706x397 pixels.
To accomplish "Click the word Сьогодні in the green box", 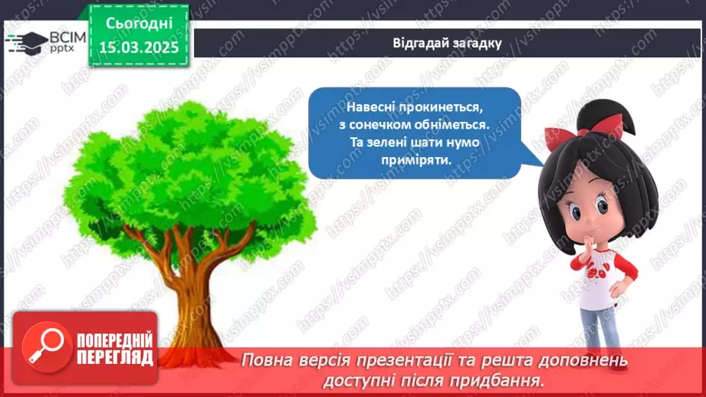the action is [139, 23].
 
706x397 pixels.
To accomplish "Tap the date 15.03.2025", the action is [139, 47].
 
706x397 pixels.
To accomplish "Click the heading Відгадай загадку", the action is [447, 43].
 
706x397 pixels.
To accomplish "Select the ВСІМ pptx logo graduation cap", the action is [27, 43].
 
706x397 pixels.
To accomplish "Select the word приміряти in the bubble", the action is [416, 159].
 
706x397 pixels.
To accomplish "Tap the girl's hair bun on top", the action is [603, 116].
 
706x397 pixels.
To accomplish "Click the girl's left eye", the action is [602, 207].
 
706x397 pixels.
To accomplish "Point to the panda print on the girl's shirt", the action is [597, 271].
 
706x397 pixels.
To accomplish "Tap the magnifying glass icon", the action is [47, 346].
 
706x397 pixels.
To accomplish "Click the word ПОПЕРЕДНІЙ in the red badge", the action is [115, 340].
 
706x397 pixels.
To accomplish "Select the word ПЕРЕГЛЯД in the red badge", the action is [115, 358].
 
